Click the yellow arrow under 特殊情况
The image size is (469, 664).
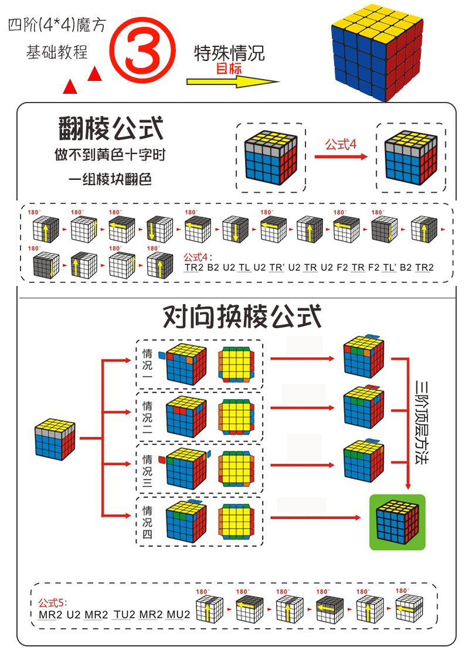(x=233, y=81)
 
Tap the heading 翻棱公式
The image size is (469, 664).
(x=111, y=128)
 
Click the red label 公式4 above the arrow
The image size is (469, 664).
(x=341, y=144)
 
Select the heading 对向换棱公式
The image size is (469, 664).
(x=242, y=316)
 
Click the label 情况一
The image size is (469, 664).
(x=148, y=365)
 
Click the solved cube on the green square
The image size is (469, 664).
(x=397, y=522)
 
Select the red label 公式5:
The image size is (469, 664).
(x=53, y=602)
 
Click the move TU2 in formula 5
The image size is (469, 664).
(x=124, y=615)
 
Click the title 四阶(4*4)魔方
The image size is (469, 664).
(x=57, y=26)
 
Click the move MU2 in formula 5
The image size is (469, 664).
(x=178, y=615)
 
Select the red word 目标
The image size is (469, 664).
(x=229, y=69)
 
